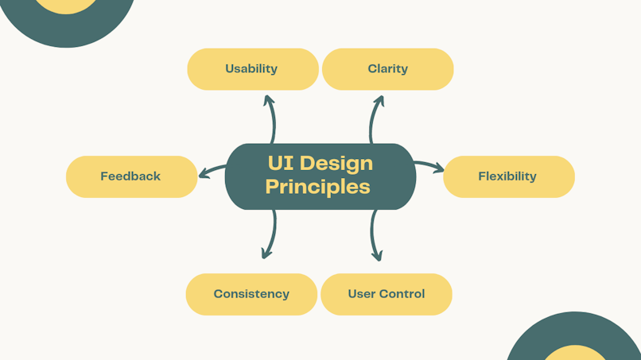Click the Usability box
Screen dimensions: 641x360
253,69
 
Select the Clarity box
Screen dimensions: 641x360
387,69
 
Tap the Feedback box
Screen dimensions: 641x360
132,176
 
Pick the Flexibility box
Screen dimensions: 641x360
509,176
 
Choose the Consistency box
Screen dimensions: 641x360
251,294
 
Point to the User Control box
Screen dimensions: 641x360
387,294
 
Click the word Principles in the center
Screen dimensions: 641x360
317,187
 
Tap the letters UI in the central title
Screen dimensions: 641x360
282,163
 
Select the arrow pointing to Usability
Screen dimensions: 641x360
273,118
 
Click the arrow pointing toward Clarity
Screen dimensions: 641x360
372,118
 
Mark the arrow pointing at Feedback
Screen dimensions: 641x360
212,170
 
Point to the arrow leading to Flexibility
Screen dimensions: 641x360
429,165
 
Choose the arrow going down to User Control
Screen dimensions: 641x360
373,235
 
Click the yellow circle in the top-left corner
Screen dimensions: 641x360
66,6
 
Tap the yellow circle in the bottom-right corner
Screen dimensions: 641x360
576,354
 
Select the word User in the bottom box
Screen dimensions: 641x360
362,294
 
